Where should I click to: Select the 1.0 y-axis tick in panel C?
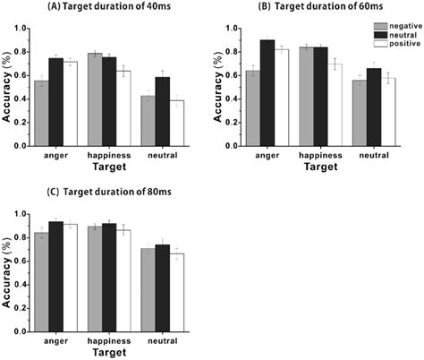(x=24, y=214)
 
